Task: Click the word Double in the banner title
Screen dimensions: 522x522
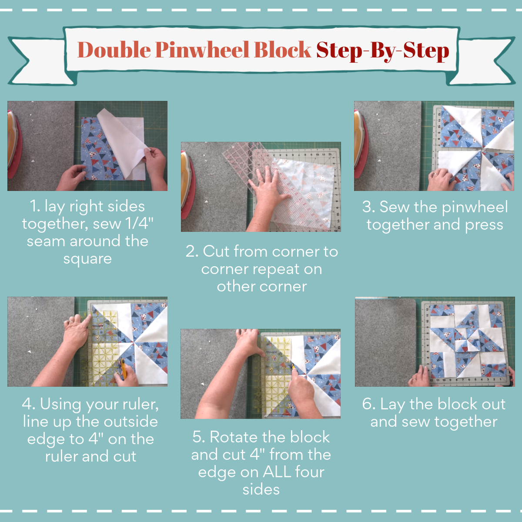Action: (x=114, y=50)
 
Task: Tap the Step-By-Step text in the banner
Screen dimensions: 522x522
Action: (x=382, y=51)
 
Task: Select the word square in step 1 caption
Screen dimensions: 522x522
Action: (x=87, y=259)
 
